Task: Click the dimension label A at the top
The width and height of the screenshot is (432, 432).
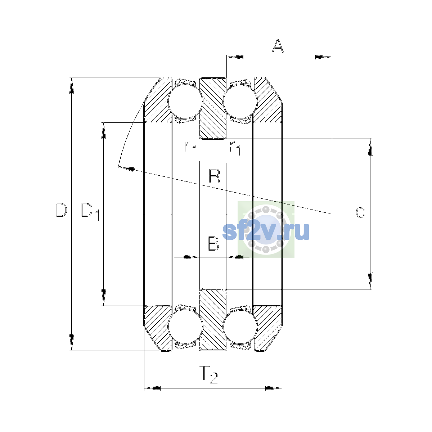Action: pos(278,46)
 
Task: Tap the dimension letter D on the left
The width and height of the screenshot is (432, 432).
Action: pos(61,210)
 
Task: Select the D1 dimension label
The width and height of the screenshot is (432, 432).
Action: pos(90,211)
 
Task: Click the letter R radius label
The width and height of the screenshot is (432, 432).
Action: pos(214,176)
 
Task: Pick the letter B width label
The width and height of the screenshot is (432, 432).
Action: pos(213,243)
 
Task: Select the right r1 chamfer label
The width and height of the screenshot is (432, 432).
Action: pos(235,148)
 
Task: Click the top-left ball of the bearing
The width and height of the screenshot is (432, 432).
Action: pos(185,101)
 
